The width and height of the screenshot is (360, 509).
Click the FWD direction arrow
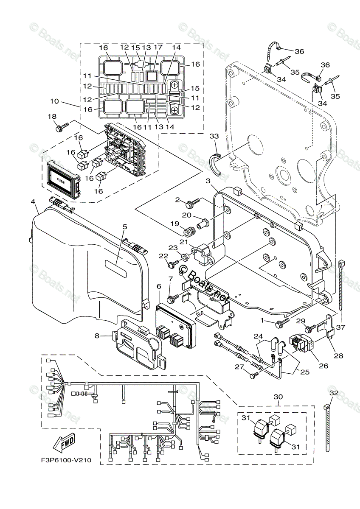tap(63, 444)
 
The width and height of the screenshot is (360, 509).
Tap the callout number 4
tap(33, 202)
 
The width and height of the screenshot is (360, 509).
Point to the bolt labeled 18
tap(62, 126)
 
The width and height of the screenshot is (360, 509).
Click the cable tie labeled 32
tap(328, 428)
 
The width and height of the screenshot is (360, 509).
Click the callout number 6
tap(159, 287)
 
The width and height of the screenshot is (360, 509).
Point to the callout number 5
tap(124, 227)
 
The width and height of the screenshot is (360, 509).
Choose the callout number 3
tap(208, 181)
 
